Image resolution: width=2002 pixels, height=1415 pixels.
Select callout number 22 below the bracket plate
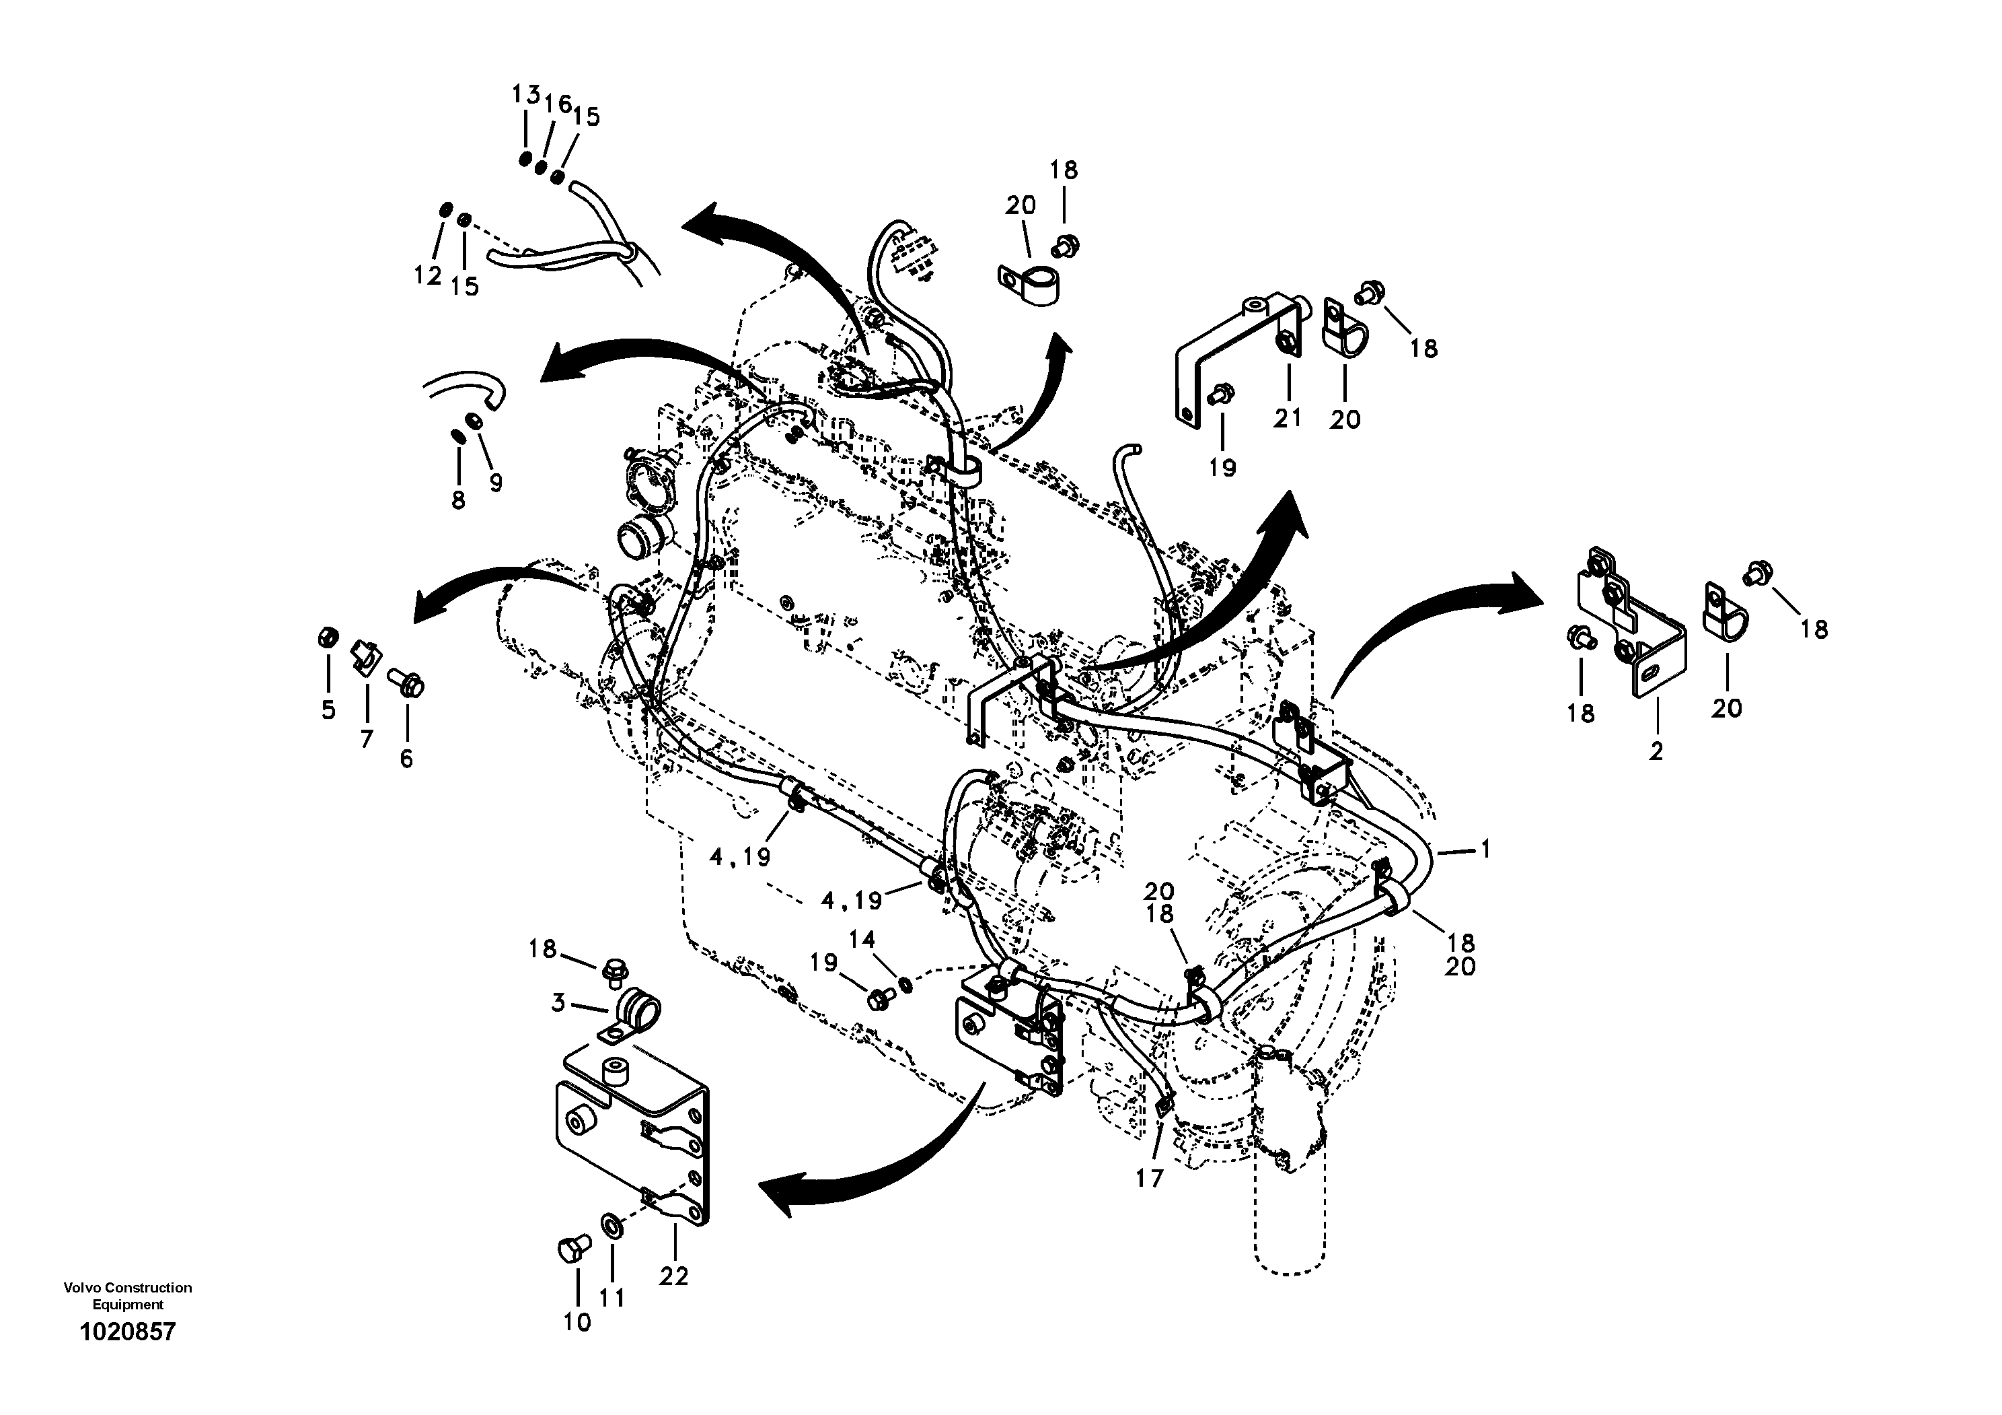click(673, 1276)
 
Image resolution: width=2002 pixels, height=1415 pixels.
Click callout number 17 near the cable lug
click(1149, 1179)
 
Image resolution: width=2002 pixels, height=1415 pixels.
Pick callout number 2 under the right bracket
click(1656, 751)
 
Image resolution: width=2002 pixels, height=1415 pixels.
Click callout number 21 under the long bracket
click(1287, 418)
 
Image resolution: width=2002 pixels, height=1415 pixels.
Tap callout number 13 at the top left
click(526, 94)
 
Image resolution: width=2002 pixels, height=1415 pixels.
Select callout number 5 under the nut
click(328, 710)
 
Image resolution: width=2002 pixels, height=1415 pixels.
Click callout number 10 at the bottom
click(577, 1323)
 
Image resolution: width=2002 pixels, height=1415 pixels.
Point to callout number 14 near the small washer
click(862, 940)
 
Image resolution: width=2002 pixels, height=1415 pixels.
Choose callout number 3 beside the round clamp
click(559, 1003)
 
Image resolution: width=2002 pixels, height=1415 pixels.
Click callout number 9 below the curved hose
click(495, 483)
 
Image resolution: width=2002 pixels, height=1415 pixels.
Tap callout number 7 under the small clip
click(366, 739)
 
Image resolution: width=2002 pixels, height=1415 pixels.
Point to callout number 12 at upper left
click(427, 276)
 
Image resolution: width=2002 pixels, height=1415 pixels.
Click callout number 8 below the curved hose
click(457, 500)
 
